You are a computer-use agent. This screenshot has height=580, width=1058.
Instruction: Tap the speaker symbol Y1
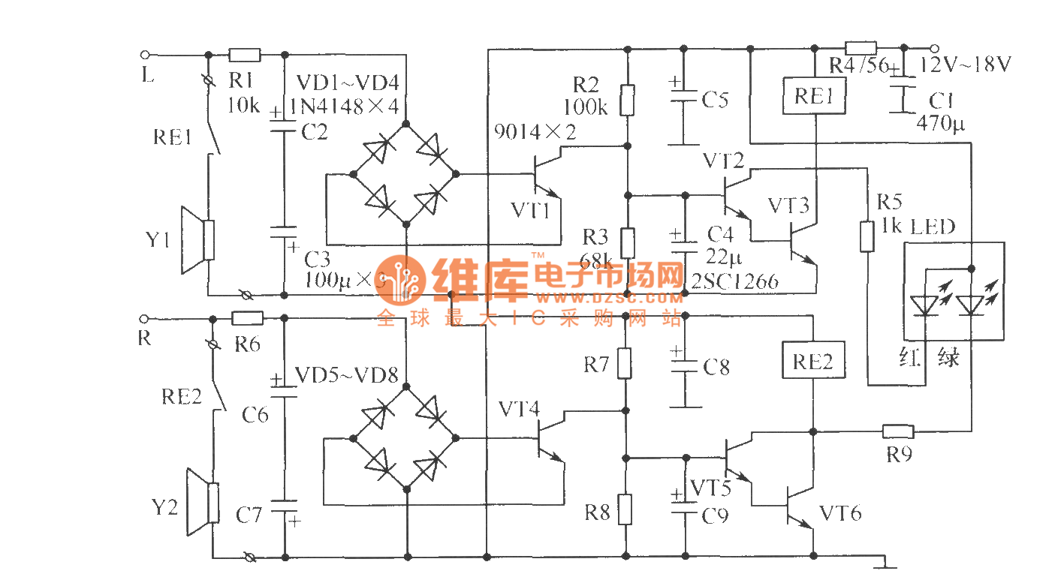[197, 240]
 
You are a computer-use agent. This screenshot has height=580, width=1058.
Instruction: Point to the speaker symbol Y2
[202, 503]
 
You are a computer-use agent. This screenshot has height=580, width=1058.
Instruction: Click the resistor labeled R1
[245, 55]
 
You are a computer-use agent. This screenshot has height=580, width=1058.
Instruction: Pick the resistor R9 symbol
[898, 431]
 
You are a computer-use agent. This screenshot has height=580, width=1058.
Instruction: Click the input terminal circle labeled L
[146, 55]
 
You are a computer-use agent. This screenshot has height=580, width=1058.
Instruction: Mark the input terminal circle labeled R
[146, 318]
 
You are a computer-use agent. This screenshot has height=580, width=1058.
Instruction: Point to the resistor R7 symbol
[625, 363]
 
